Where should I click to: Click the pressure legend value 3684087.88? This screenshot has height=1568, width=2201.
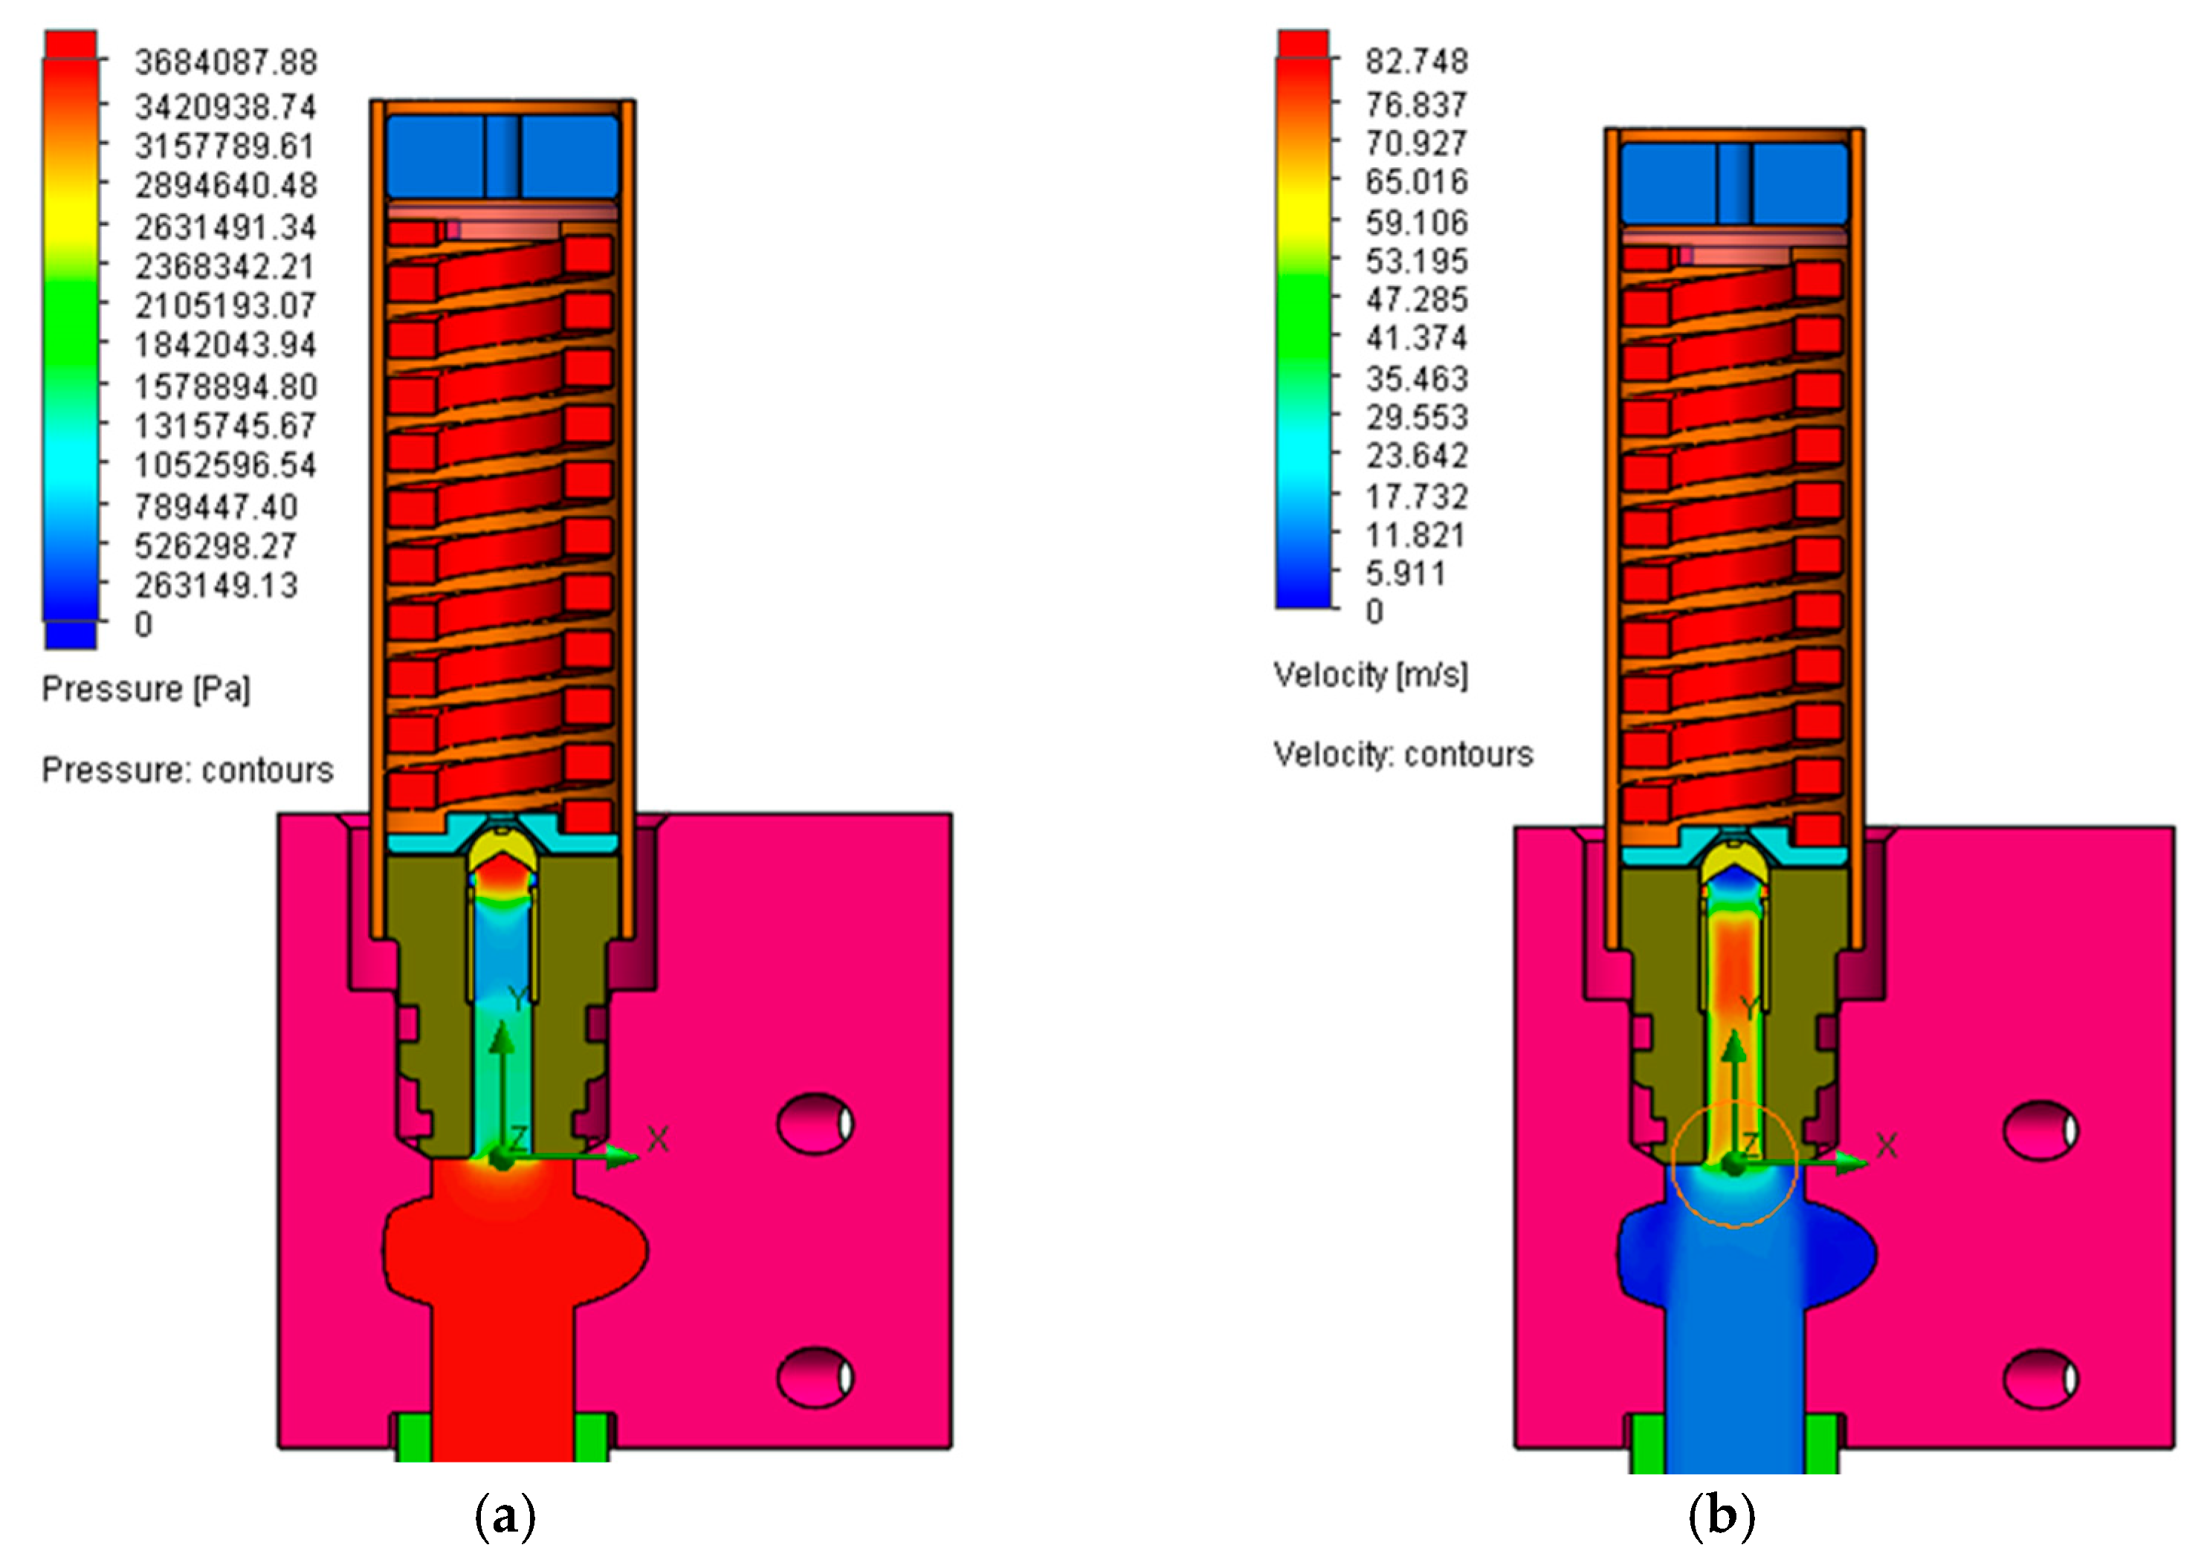click(226, 62)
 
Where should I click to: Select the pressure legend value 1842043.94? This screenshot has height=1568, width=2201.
click(226, 345)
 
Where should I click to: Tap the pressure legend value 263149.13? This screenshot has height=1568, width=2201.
click(217, 585)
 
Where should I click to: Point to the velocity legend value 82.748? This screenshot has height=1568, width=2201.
click(1417, 62)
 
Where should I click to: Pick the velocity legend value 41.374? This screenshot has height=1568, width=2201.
click(1417, 339)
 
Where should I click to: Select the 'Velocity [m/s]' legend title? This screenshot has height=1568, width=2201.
click(1371, 675)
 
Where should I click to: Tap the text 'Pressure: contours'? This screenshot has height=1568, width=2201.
click(187, 771)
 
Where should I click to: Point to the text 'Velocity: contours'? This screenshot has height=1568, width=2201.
click(1403, 754)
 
